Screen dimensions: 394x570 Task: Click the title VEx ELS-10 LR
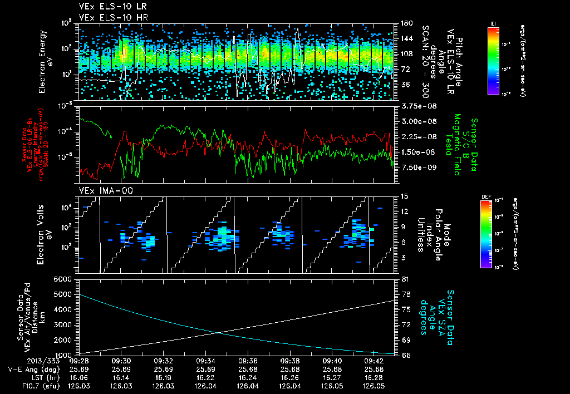tap(110, 7)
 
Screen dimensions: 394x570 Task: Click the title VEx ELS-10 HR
tap(110, 17)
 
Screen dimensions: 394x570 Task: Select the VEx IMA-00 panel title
tap(102, 190)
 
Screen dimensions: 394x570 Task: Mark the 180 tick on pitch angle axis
tap(406, 23)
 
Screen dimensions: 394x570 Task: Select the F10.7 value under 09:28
tap(78, 385)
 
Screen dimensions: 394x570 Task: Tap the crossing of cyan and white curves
tap(218, 333)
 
